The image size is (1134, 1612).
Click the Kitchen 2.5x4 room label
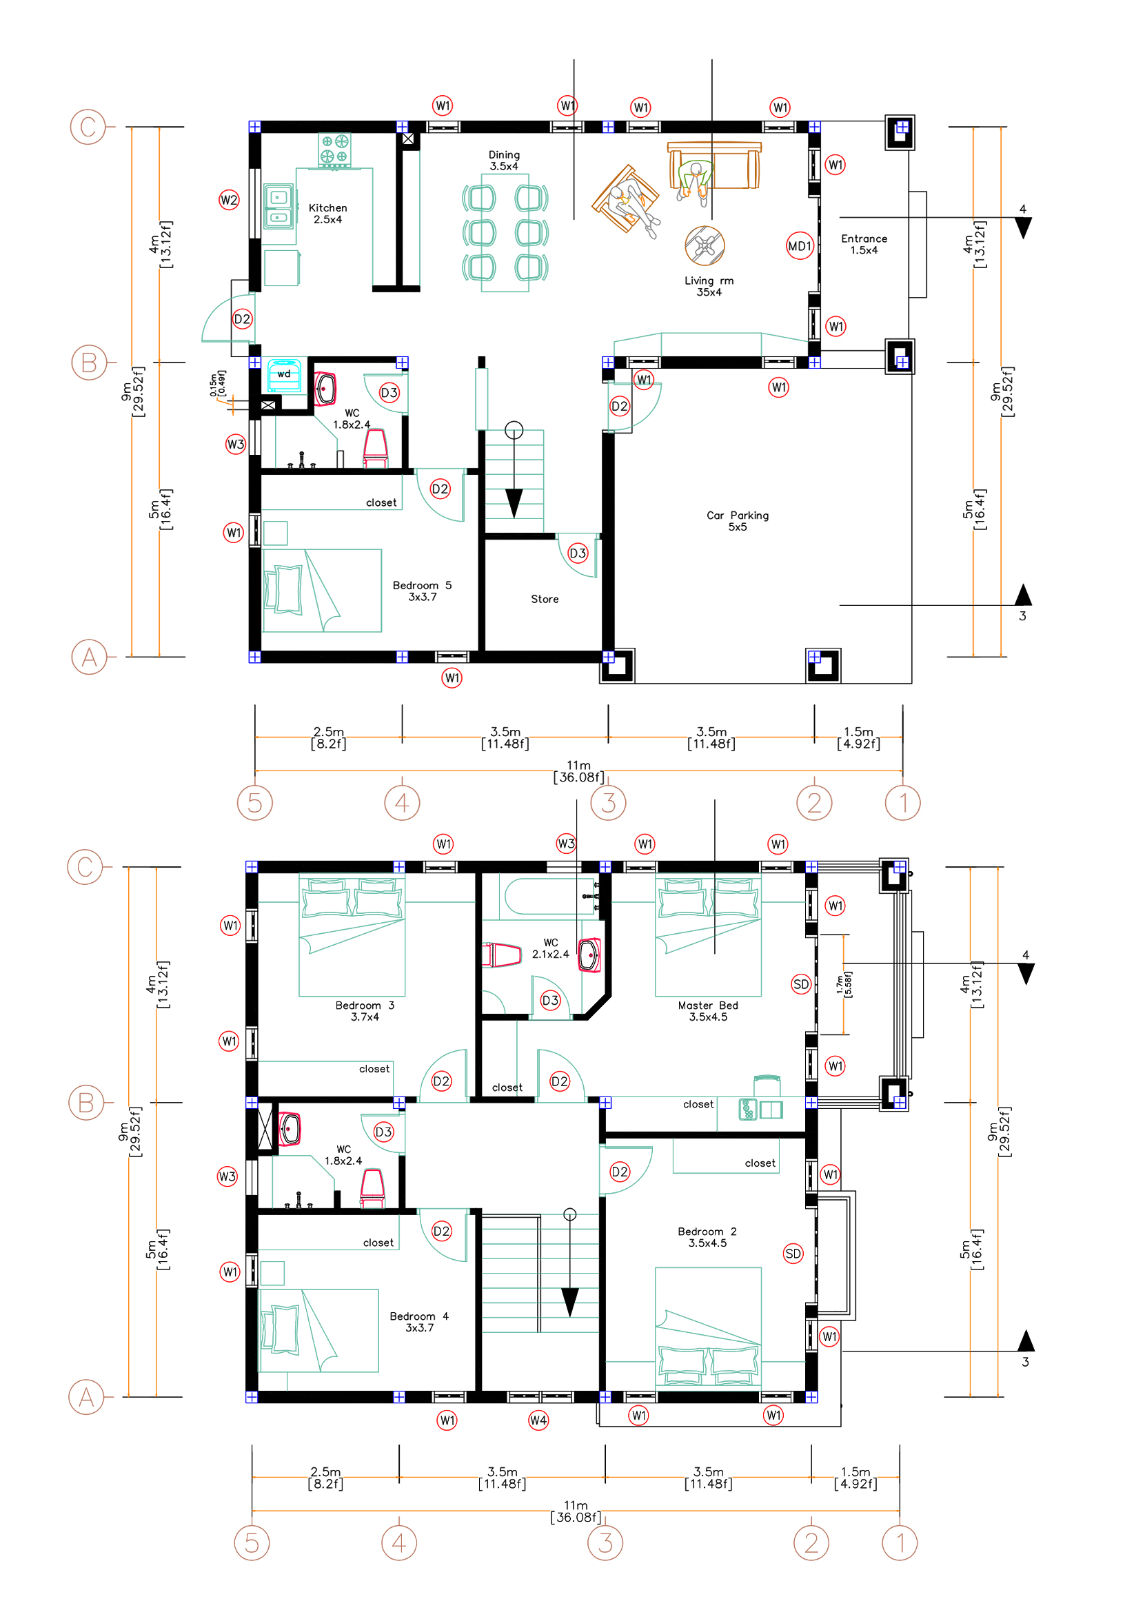point(328,214)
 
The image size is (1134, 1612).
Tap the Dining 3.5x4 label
point(504,160)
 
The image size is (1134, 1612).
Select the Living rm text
point(709,280)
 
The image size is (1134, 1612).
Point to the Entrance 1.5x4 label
point(864,245)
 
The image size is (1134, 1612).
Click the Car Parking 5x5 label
point(738,521)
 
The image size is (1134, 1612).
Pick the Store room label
point(545,599)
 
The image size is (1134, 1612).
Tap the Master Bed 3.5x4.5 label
point(708,1011)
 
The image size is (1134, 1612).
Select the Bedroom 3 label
point(365,1006)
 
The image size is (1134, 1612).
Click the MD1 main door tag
point(800,246)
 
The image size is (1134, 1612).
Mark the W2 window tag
point(229,200)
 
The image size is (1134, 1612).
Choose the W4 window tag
point(538,1420)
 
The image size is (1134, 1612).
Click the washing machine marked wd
point(285,376)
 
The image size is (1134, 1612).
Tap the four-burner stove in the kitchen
point(334,150)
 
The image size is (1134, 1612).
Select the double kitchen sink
point(278,207)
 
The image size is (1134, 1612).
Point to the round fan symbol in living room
point(705,246)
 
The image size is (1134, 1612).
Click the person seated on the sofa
point(694,182)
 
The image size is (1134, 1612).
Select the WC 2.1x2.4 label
point(551,948)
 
